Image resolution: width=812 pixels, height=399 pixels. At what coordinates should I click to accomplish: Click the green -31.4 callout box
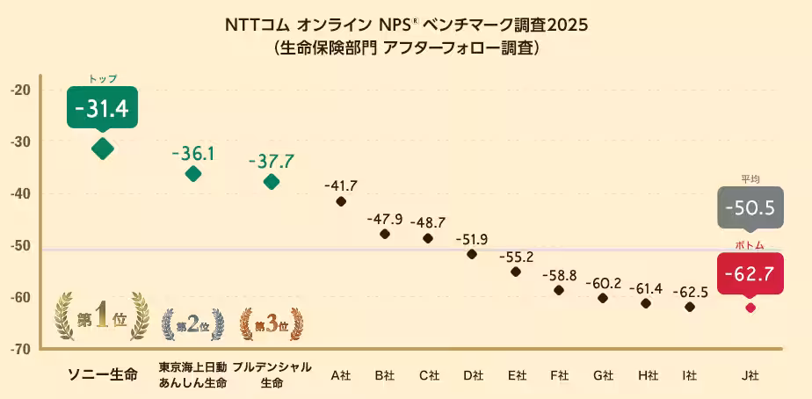103,108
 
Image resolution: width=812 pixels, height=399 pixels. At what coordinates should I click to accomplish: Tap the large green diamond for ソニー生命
103,149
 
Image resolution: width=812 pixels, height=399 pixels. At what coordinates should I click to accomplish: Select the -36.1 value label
193,154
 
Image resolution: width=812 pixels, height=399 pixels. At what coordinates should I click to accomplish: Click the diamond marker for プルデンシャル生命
272,182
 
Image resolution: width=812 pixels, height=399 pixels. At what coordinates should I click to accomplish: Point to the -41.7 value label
341,185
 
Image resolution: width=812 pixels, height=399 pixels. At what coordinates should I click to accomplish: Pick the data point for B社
385,234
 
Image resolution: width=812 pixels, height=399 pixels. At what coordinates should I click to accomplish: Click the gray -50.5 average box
750,208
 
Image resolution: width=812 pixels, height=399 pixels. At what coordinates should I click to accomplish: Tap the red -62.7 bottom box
750,274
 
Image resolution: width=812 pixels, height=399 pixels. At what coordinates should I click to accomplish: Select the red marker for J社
750,308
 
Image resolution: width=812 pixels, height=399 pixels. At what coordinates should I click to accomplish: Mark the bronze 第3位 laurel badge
272,324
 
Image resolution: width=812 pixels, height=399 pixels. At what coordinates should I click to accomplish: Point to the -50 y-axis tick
22,245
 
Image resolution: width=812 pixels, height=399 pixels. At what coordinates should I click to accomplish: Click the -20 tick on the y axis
22,90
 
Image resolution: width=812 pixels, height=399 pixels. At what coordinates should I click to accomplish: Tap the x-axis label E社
516,375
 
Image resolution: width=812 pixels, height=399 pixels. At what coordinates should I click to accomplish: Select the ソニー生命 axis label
103,375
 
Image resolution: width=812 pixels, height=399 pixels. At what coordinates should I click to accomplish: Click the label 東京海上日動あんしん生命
193,375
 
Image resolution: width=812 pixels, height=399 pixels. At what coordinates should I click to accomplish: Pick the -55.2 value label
516,258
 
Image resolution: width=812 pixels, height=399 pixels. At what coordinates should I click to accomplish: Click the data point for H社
646,303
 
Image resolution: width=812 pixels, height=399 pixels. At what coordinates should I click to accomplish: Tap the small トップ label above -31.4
103,79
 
